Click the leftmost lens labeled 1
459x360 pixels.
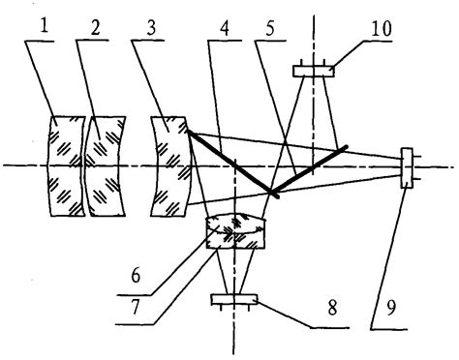64,165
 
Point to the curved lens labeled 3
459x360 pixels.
170,165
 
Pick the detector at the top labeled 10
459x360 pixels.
313,70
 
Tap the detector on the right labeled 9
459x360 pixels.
406,165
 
